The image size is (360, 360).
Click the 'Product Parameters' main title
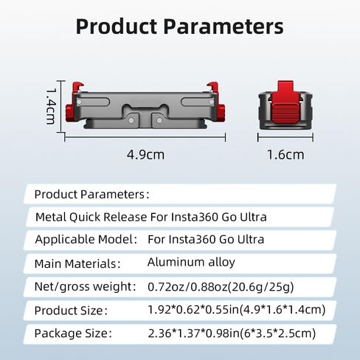(x=180, y=27)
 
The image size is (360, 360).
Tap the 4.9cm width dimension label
(x=145, y=155)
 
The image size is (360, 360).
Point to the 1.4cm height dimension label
(x=52, y=106)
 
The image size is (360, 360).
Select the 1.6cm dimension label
(x=285, y=155)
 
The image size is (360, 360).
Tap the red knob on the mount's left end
(x=69, y=112)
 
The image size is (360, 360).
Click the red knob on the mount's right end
(x=221, y=112)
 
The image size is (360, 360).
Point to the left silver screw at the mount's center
(x=131, y=120)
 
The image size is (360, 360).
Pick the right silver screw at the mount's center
(x=159, y=120)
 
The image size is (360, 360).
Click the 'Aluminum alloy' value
(x=191, y=262)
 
